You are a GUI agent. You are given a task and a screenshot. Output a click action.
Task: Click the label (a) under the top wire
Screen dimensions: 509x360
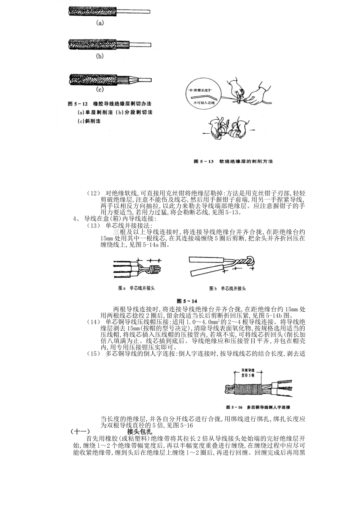coord(99,23)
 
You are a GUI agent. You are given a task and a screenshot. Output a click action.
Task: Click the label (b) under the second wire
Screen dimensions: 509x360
coord(99,56)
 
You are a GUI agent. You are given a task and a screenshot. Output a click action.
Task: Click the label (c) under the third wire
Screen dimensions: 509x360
coord(99,90)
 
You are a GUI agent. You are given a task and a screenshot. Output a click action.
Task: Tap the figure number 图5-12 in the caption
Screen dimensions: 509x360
coord(78,103)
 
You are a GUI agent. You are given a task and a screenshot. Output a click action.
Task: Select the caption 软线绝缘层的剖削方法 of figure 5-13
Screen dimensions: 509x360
coord(246,161)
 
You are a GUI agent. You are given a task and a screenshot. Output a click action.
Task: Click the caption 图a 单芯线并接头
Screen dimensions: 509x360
coord(136,289)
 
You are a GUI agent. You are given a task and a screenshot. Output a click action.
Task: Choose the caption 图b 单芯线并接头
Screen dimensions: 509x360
coord(227,289)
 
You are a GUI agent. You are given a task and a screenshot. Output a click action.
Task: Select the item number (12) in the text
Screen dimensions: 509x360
coord(93,194)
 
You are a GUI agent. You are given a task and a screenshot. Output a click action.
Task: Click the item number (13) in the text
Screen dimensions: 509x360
coord(93,226)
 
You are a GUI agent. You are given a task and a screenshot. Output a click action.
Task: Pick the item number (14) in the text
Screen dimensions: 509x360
coord(93,322)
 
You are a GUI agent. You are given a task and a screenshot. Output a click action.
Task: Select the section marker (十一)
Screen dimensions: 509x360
coord(80,431)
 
